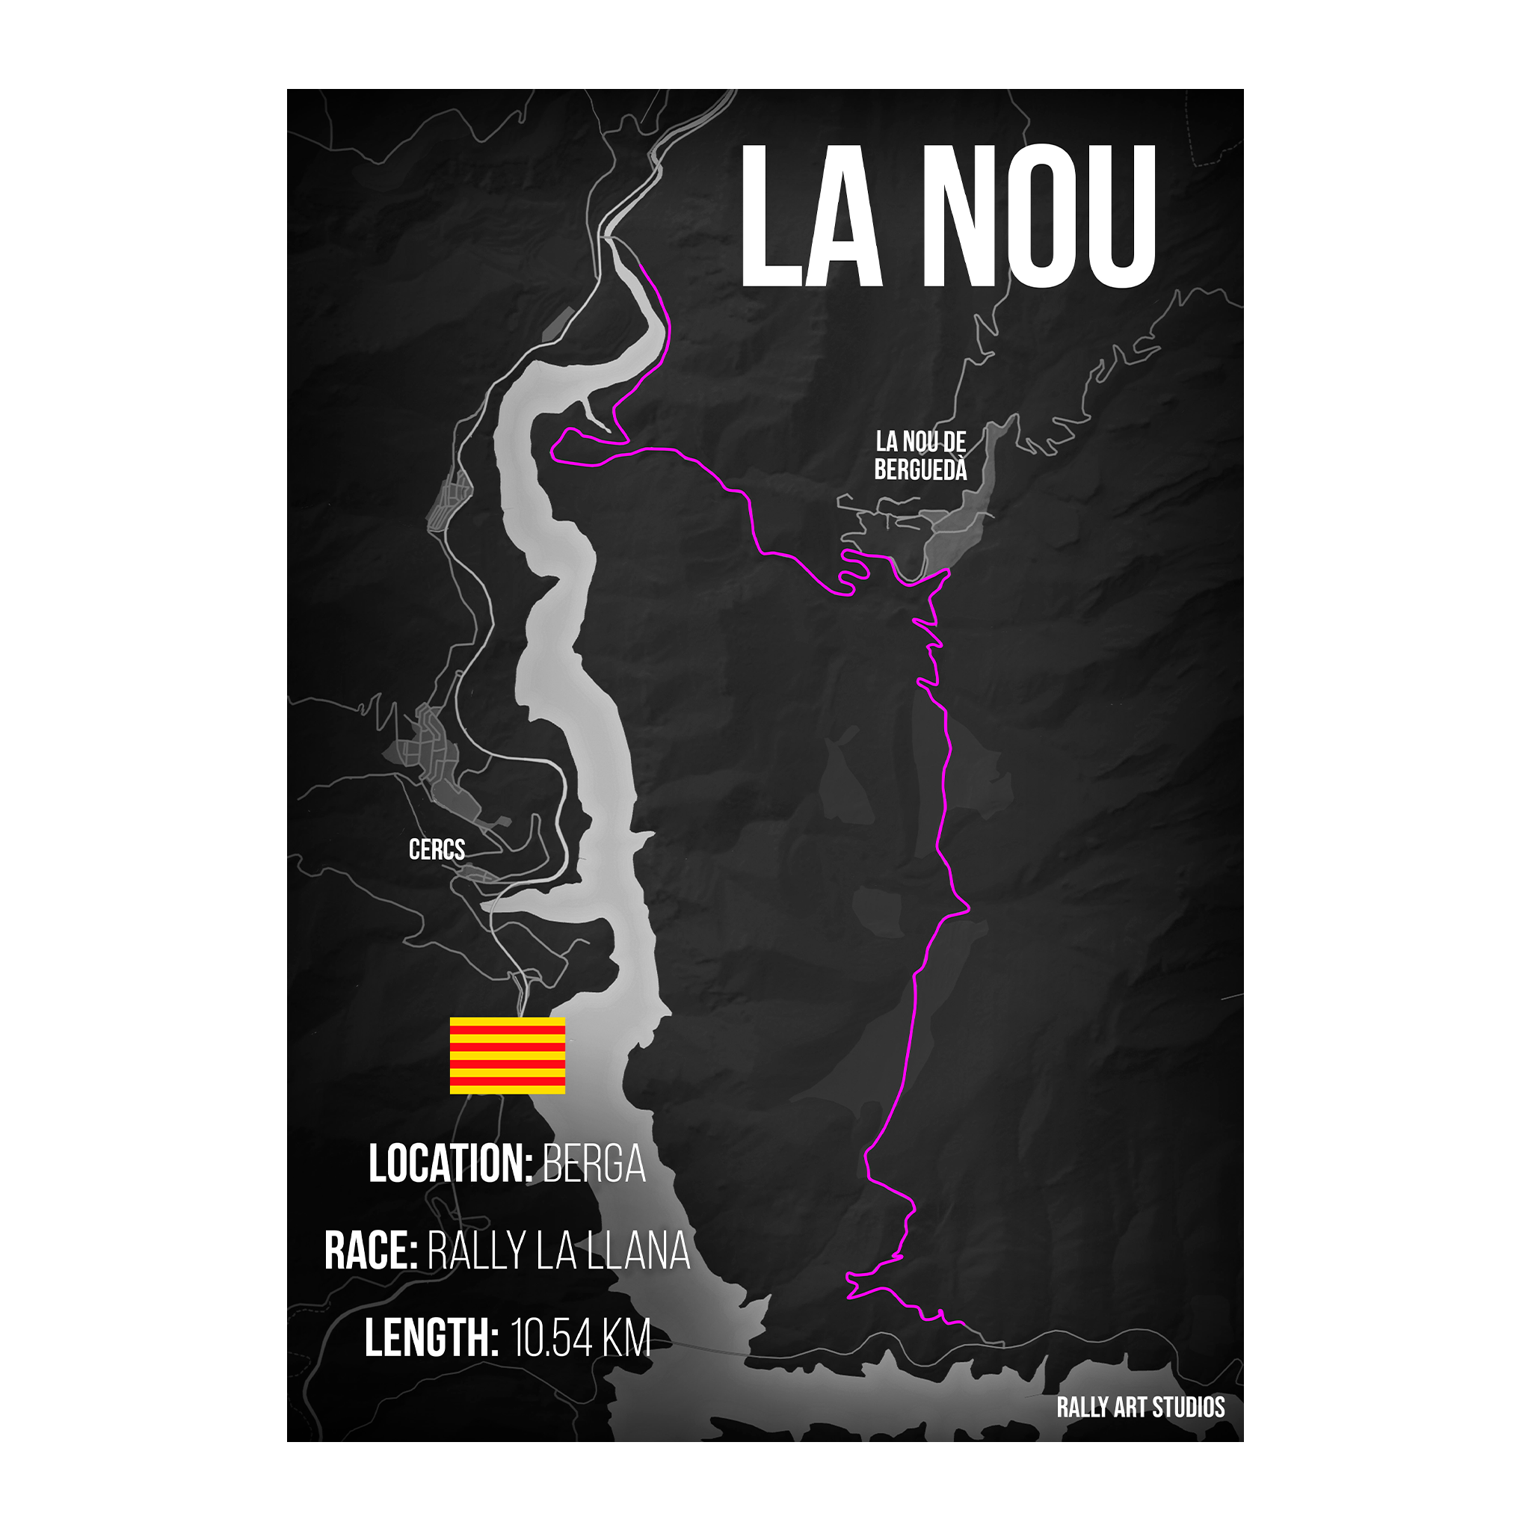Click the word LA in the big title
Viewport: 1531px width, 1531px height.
tap(810, 215)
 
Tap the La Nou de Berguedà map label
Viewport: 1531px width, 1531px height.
tap(920, 456)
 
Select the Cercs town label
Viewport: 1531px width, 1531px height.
tap(437, 849)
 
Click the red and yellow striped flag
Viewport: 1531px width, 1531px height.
tap(507, 1056)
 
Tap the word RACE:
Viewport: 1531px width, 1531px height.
tap(370, 1251)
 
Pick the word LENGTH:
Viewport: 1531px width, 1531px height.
tap(431, 1337)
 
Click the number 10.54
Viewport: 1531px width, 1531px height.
tap(552, 1337)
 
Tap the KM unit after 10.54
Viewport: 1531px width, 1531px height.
tap(626, 1337)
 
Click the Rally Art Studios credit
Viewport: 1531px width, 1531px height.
tap(1140, 1408)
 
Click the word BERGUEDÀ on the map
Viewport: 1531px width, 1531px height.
tap(920, 470)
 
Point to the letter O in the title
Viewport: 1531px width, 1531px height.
tap(1038, 215)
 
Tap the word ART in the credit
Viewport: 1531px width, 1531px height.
tap(1130, 1408)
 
